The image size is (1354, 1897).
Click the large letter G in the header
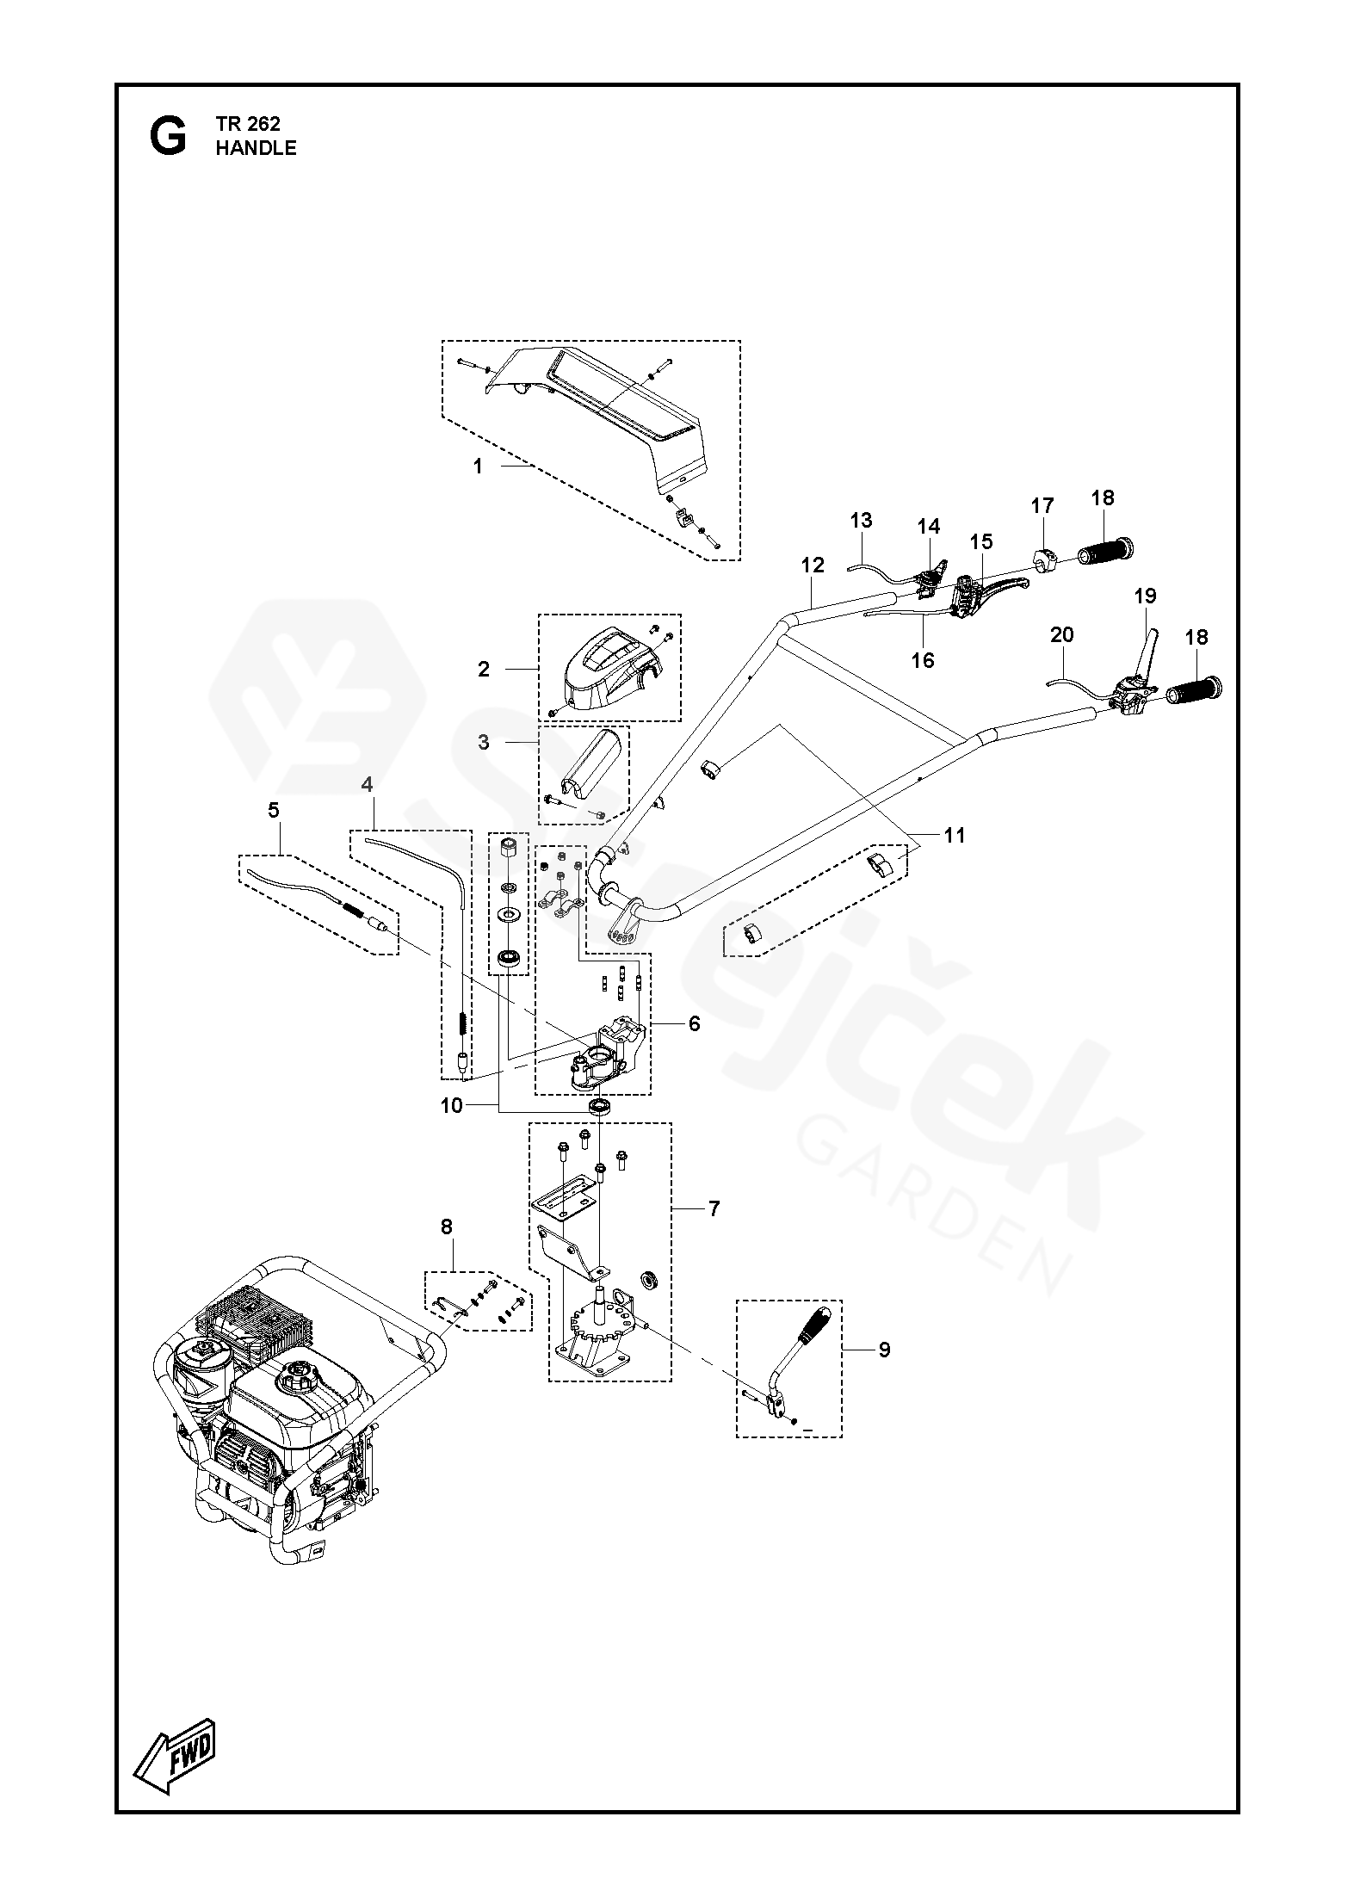tap(167, 137)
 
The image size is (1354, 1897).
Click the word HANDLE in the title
tap(256, 148)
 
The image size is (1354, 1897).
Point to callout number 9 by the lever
tap(884, 1350)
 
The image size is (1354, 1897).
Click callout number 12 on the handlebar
tap(813, 565)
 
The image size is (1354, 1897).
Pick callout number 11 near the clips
tap(955, 835)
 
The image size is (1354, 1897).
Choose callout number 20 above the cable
tap(1062, 634)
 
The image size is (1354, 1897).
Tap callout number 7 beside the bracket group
tap(714, 1208)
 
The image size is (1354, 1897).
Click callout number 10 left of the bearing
tap(452, 1105)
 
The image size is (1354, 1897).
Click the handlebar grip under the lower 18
tap(1192, 689)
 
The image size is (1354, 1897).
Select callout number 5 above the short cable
tap(274, 810)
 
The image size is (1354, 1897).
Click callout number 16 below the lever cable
tap(922, 660)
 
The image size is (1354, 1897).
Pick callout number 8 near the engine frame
tap(446, 1227)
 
